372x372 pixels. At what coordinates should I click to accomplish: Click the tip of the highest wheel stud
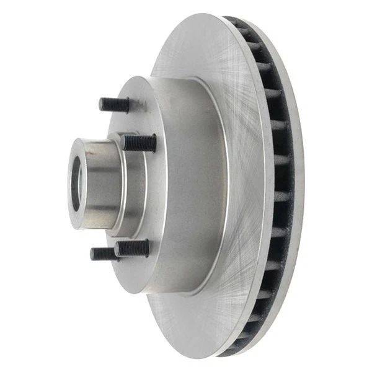[102, 104]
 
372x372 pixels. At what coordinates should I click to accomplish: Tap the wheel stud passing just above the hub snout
[139, 143]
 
